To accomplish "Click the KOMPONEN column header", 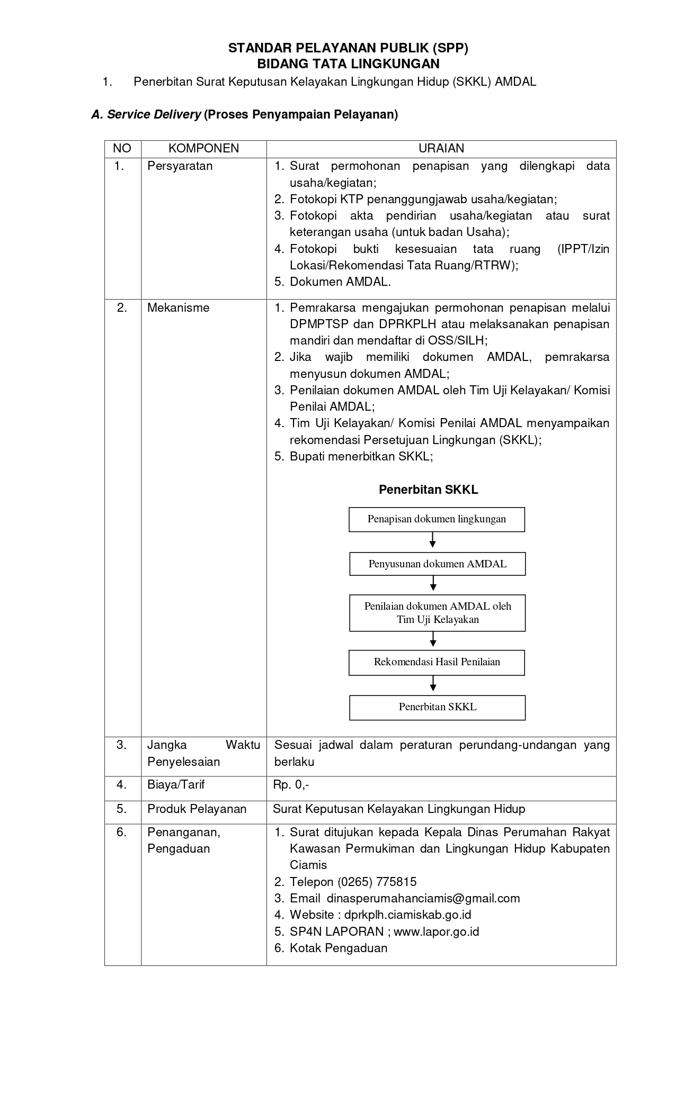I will (203, 149).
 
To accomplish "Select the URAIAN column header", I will (441, 149).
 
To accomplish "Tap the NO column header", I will (122, 149).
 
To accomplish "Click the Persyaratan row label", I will (180, 166).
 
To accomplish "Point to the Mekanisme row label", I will (178, 308).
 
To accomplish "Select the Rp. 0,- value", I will (291, 785).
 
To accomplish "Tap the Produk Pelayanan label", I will (197, 809).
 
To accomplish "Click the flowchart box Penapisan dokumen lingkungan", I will (437, 519).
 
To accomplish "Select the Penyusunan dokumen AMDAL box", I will (437, 564).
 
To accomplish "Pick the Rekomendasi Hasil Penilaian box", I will (437, 662).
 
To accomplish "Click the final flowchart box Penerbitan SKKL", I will (437, 707).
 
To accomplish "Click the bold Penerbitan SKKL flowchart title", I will (428, 490).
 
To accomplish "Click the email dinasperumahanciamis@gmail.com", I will (423, 899).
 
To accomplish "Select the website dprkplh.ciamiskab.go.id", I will (407, 915).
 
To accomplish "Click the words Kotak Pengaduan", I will (338, 948).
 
